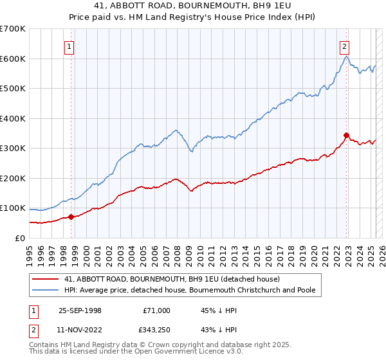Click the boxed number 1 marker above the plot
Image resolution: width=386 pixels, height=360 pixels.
69,46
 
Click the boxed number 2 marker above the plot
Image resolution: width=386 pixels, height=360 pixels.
345,46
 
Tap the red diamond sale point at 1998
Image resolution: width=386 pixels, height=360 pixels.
71,217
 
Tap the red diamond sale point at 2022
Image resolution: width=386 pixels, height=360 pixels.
346,136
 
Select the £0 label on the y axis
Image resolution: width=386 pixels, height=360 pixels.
19,238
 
